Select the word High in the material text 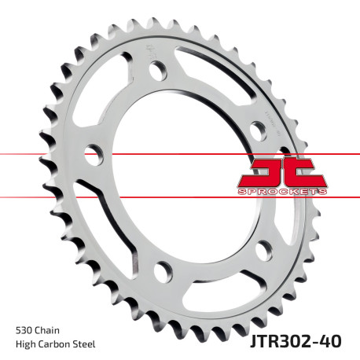pos(27,343)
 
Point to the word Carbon pos(58,343)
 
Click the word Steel pos(90,343)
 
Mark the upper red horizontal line pos(47,155)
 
